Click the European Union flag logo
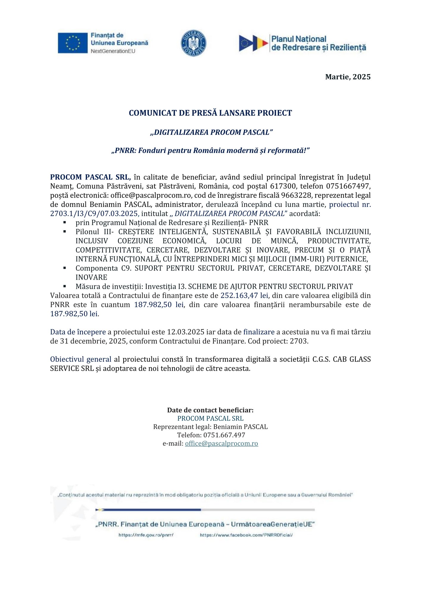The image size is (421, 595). pos(73,43)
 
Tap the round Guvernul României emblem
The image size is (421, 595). pos(194,43)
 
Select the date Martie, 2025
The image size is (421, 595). pos(348,77)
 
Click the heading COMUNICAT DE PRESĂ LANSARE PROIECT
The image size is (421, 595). pos(210,113)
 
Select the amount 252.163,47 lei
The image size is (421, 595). pos(244,295)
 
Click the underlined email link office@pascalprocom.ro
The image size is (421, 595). pos(222,444)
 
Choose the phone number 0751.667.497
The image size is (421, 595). pos(224,435)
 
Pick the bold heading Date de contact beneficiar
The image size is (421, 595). pos(210,410)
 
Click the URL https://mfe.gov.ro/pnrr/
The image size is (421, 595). pos(146,535)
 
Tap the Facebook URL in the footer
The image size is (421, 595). pos(246,535)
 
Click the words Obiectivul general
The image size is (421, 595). pos(81,359)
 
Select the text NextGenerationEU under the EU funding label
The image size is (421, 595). pos(113,51)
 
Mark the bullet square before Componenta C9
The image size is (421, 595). pos(65,268)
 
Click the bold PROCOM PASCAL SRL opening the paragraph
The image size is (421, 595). pos(90,177)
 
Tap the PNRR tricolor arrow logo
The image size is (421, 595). pos(253,43)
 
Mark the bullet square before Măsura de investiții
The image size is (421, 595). pos(65,286)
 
